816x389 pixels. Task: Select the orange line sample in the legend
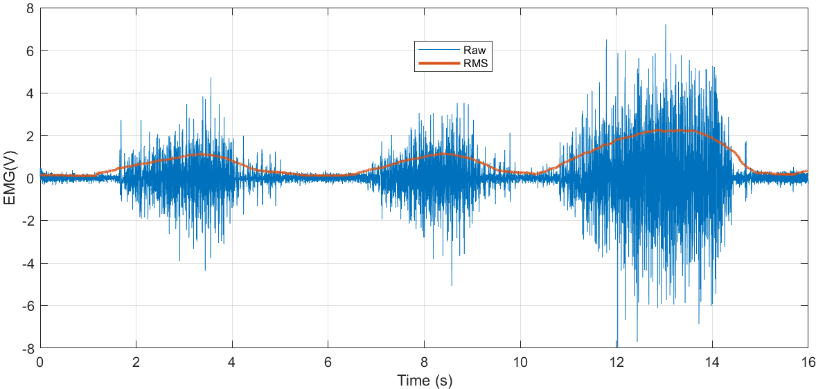[x=438, y=63]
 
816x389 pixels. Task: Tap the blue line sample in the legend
[x=438, y=51]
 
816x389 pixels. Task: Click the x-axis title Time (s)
[x=424, y=380]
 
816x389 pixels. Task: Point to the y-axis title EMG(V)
[x=10, y=178]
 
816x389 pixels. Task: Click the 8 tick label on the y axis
[x=30, y=8]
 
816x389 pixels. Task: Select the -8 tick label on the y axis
[x=28, y=348]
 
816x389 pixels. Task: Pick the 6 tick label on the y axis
[x=30, y=51]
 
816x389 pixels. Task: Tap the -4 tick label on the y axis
[x=28, y=263]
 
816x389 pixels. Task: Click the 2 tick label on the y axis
[x=30, y=136]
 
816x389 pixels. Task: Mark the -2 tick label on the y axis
[x=28, y=221]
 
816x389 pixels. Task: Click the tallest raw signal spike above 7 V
[x=666, y=26]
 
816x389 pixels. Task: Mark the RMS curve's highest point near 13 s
[x=665, y=129]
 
